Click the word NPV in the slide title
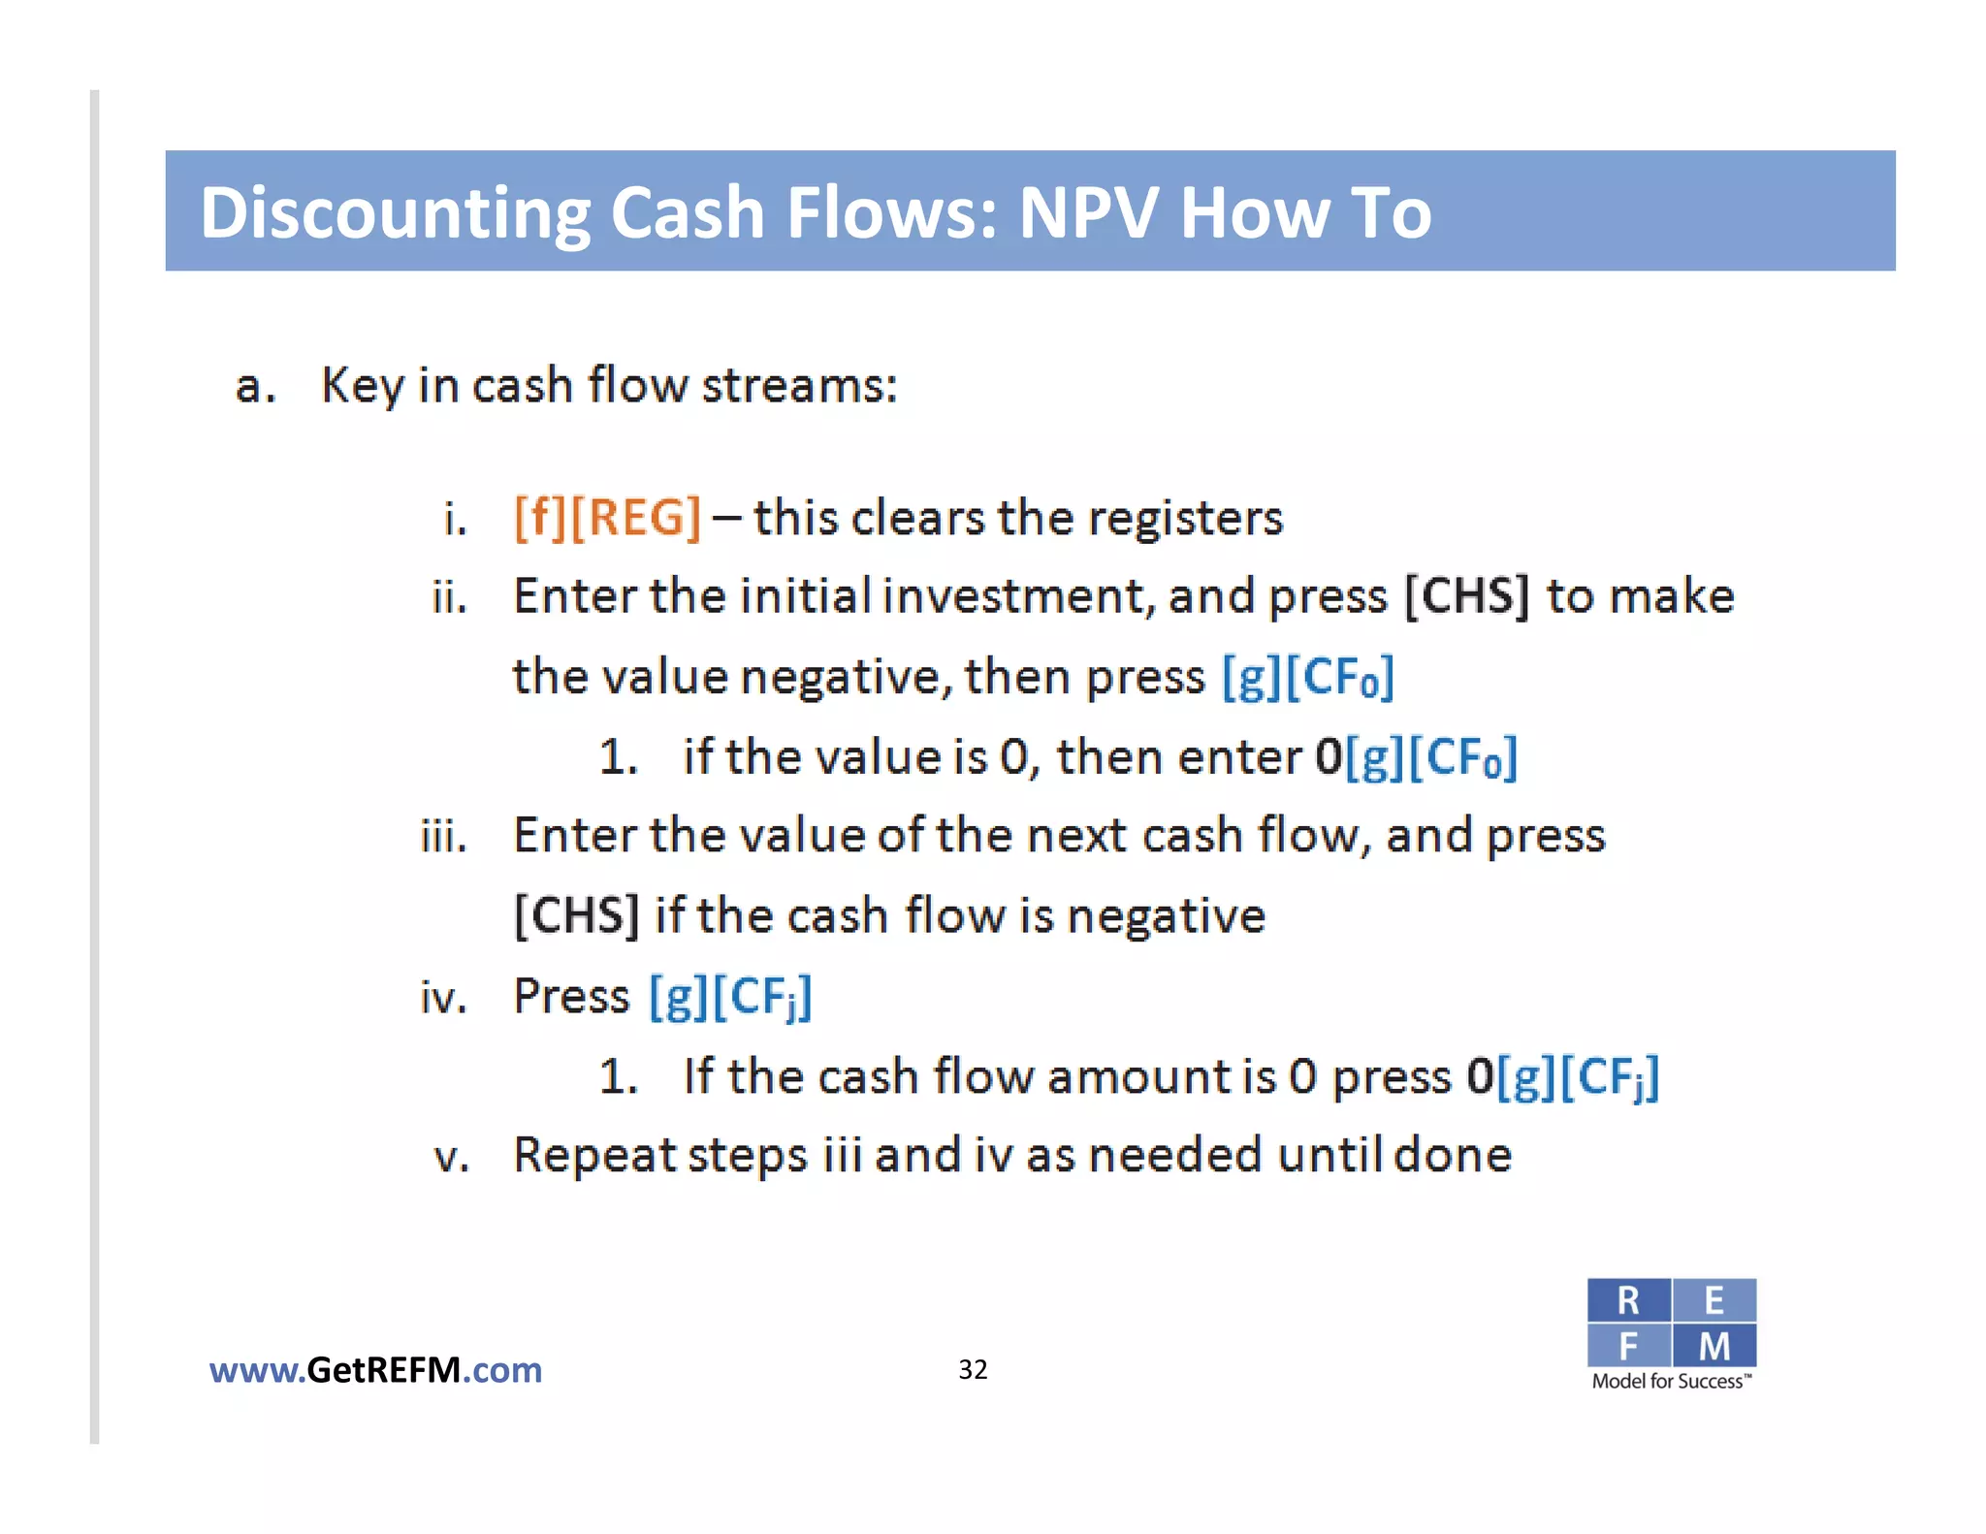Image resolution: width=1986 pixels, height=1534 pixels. tap(1088, 212)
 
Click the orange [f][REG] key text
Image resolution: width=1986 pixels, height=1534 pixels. tap(607, 518)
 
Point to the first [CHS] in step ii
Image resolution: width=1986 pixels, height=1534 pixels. tap(1466, 596)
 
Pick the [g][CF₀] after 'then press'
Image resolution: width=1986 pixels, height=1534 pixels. tap(1307, 677)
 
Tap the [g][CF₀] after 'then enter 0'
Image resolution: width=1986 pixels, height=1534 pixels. tap(1431, 757)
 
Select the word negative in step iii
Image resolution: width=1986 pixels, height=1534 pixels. tap(1167, 916)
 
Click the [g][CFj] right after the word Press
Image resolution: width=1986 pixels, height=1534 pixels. tap(730, 997)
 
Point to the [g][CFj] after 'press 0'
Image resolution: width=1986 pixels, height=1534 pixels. tap(1578, 1077)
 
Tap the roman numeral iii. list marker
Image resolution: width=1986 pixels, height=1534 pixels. tap(444, 837)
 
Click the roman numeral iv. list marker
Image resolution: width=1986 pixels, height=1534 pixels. tap(444, 998)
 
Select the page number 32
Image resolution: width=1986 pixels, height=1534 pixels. tap(973, 1369)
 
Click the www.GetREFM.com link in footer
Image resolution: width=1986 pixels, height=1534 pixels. tap(375, 1370)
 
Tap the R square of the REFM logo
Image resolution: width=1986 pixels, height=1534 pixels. tap(1628, 1301)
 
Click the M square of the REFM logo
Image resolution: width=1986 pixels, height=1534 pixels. tap(1714, 1346)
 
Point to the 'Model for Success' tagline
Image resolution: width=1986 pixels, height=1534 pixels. tap(1671, 1382)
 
